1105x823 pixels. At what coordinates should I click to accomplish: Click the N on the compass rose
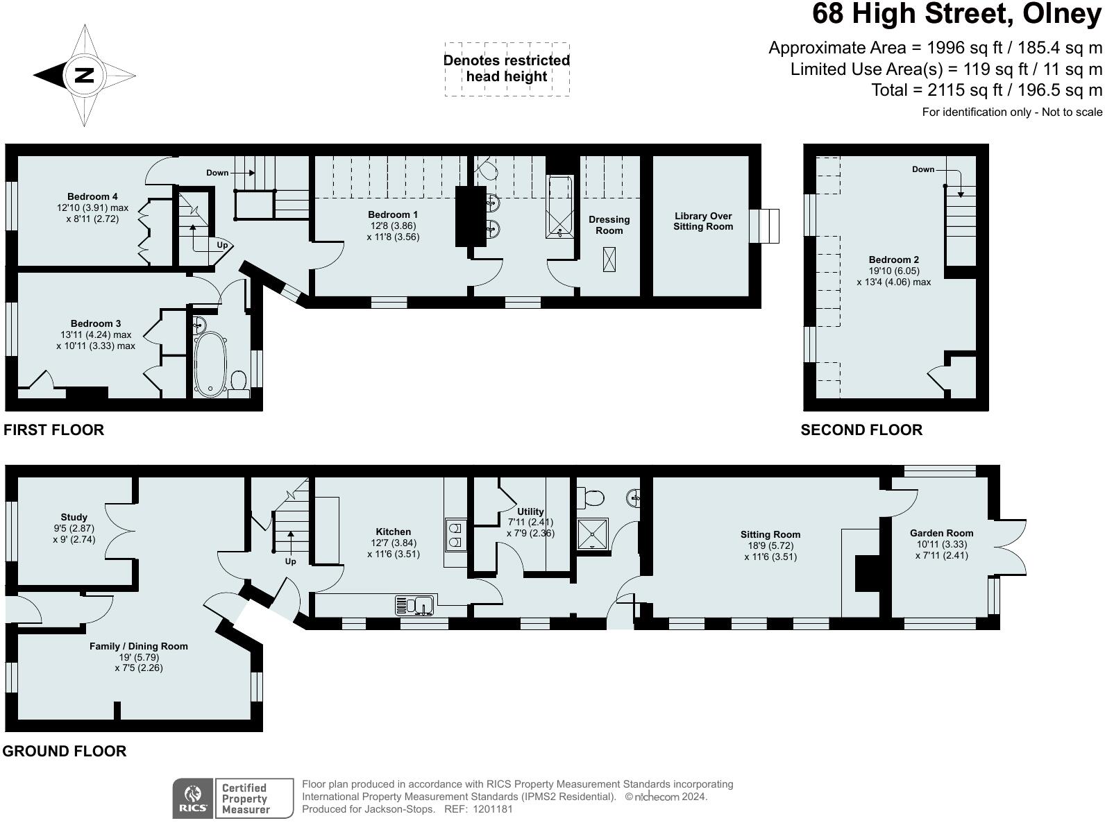point(84,75)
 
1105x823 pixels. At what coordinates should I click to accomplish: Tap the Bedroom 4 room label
point(92,196)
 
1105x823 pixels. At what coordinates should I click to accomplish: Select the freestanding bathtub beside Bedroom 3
point(210,364)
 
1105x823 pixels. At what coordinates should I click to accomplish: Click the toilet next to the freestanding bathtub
point(239,380)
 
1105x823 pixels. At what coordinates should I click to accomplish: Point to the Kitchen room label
point(394,532)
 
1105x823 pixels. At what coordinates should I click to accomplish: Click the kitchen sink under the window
point(415,606)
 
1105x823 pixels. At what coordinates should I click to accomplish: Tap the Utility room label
point(530,511)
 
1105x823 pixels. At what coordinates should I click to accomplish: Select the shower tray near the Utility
point(593,533)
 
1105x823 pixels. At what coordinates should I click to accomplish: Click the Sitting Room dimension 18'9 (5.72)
point(770,545)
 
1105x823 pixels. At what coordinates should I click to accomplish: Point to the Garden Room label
point(941,533)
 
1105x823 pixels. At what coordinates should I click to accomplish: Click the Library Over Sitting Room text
point(703,221)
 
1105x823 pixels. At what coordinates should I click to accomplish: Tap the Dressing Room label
point(609,225)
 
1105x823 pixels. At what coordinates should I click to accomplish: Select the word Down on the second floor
point(922,169)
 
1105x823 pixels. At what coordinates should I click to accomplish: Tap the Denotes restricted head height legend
point(507,69)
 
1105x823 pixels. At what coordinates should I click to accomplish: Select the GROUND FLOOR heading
point(65,751)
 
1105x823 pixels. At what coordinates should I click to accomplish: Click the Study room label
point(74,517)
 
